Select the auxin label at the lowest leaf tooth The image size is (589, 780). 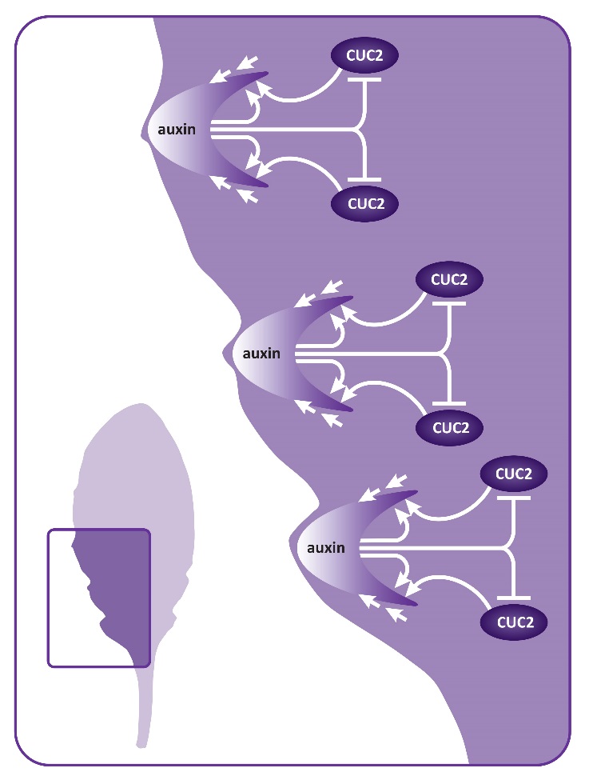tap(326, 548)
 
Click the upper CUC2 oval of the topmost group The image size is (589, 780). tap(365, 56)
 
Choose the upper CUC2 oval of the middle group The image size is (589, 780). tap(450, 279)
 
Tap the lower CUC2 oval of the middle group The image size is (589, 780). tap(450, 426)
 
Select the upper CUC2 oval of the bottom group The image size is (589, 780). tap(515, 474)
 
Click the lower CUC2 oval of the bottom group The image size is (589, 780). tap(515, 621)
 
